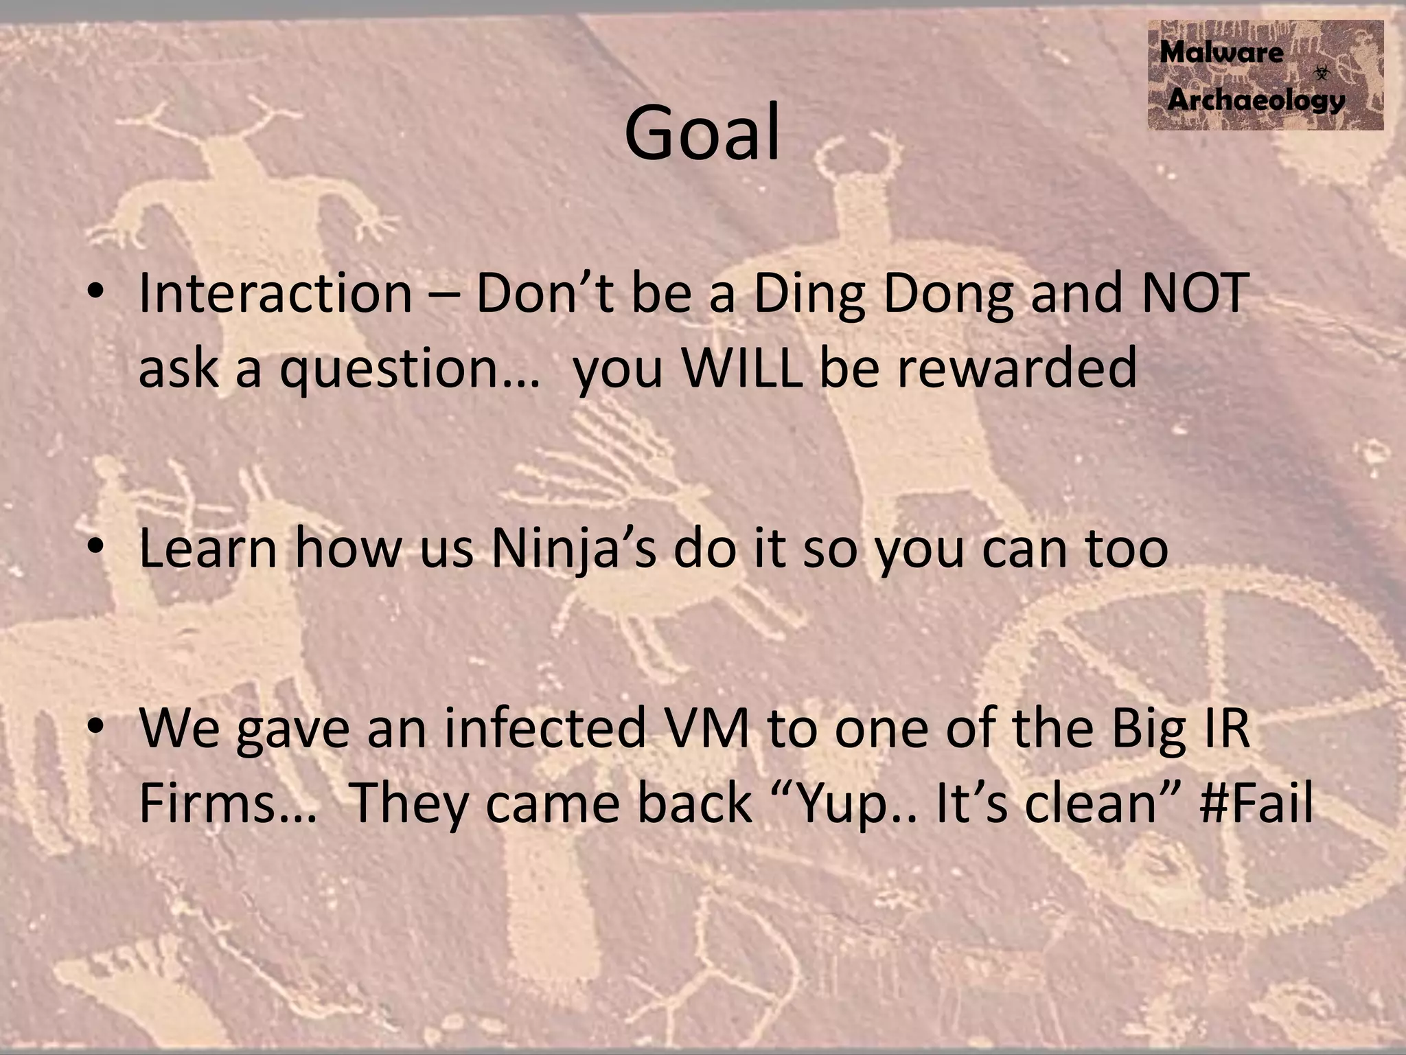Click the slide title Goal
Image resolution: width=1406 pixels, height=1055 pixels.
(x=702, y=132)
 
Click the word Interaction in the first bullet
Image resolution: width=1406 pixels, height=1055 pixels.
(x=275, y=294)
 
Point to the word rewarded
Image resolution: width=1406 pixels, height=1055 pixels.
(x=1016, y=368)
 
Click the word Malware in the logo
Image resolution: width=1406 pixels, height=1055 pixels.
(x=1221, y=53)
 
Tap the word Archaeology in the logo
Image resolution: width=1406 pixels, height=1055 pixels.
(x=1256, y=100)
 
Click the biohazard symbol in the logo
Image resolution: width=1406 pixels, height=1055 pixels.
(x=1322, y=71)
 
